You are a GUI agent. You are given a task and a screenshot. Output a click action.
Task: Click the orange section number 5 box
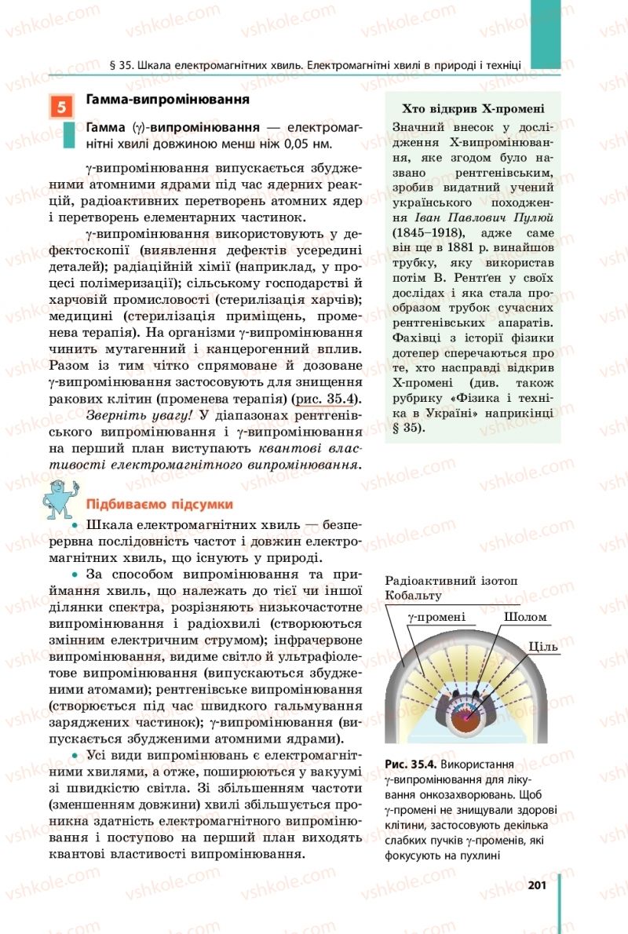61,107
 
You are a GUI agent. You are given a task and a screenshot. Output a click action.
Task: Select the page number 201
537,885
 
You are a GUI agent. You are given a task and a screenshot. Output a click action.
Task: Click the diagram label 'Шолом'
525,617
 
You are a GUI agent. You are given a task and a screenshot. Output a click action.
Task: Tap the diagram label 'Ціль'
543,647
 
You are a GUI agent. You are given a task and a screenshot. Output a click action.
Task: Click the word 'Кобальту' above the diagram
414,596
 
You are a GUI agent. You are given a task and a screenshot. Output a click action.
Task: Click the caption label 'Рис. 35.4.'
411,763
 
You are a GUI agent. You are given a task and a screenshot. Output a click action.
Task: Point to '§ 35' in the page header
120,65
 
